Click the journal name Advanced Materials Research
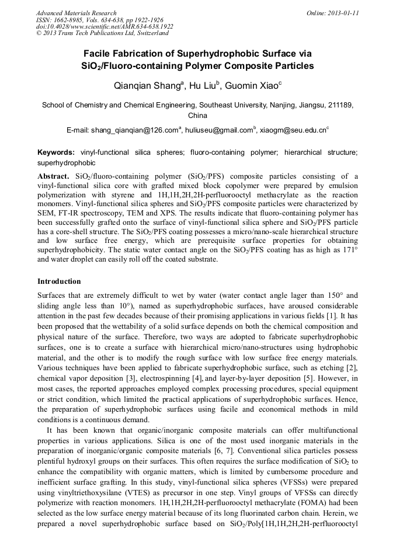76,13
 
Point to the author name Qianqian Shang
148,86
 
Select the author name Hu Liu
203,86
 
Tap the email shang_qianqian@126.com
135,129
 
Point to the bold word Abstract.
53,176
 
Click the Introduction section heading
59,281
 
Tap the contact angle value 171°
349,251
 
